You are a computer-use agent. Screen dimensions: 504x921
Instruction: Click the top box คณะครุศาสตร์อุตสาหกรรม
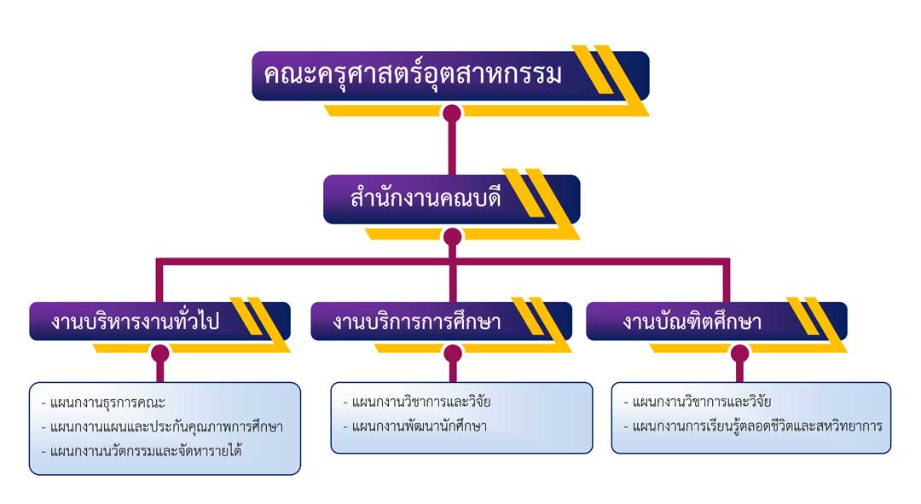414,75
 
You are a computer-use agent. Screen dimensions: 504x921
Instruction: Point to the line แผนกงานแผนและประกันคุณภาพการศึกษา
162,426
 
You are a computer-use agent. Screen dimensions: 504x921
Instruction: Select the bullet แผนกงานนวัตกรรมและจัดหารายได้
142,450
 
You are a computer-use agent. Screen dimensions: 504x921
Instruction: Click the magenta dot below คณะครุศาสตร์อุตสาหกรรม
452,113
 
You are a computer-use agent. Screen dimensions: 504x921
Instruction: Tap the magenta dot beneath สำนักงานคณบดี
452,236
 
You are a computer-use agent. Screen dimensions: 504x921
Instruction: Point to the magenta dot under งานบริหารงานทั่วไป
159,353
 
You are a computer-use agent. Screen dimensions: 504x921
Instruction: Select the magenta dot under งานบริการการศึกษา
453,353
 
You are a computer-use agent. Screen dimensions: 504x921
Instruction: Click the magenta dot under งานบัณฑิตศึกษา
739,353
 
